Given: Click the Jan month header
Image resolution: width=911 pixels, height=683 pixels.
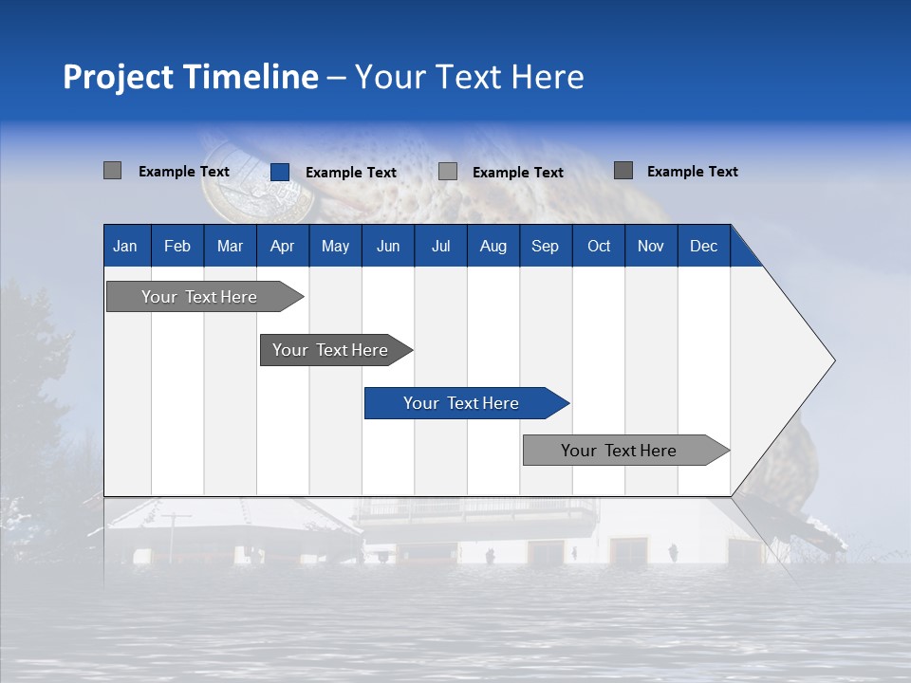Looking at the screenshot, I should click(125, 246).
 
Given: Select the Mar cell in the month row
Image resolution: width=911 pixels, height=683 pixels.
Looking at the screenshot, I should click(230, 246).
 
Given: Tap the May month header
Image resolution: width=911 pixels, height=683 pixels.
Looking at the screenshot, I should click(335, 246).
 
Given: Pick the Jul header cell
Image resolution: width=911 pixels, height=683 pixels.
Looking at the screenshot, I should click(440, 246).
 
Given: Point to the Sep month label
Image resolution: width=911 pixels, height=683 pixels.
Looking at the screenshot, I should click(545, 246).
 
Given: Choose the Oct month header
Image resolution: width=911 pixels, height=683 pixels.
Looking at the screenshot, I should click(599, 246).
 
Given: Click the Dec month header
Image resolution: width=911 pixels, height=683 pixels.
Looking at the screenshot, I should click(703, 246).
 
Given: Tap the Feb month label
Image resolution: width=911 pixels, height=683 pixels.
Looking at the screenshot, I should click(177, 246).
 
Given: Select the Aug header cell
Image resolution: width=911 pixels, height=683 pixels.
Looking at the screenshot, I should click(493, 246).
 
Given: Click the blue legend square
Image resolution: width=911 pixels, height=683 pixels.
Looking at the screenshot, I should click(280, 172).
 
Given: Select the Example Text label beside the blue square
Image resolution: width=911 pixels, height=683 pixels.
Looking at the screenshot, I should click(350, 173).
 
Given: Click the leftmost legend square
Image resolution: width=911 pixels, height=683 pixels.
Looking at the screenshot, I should click(113, 171).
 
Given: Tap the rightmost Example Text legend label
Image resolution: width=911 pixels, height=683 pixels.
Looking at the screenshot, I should click(692, 172).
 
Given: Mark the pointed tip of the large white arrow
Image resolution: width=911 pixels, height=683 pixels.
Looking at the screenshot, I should click(834, 360).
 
